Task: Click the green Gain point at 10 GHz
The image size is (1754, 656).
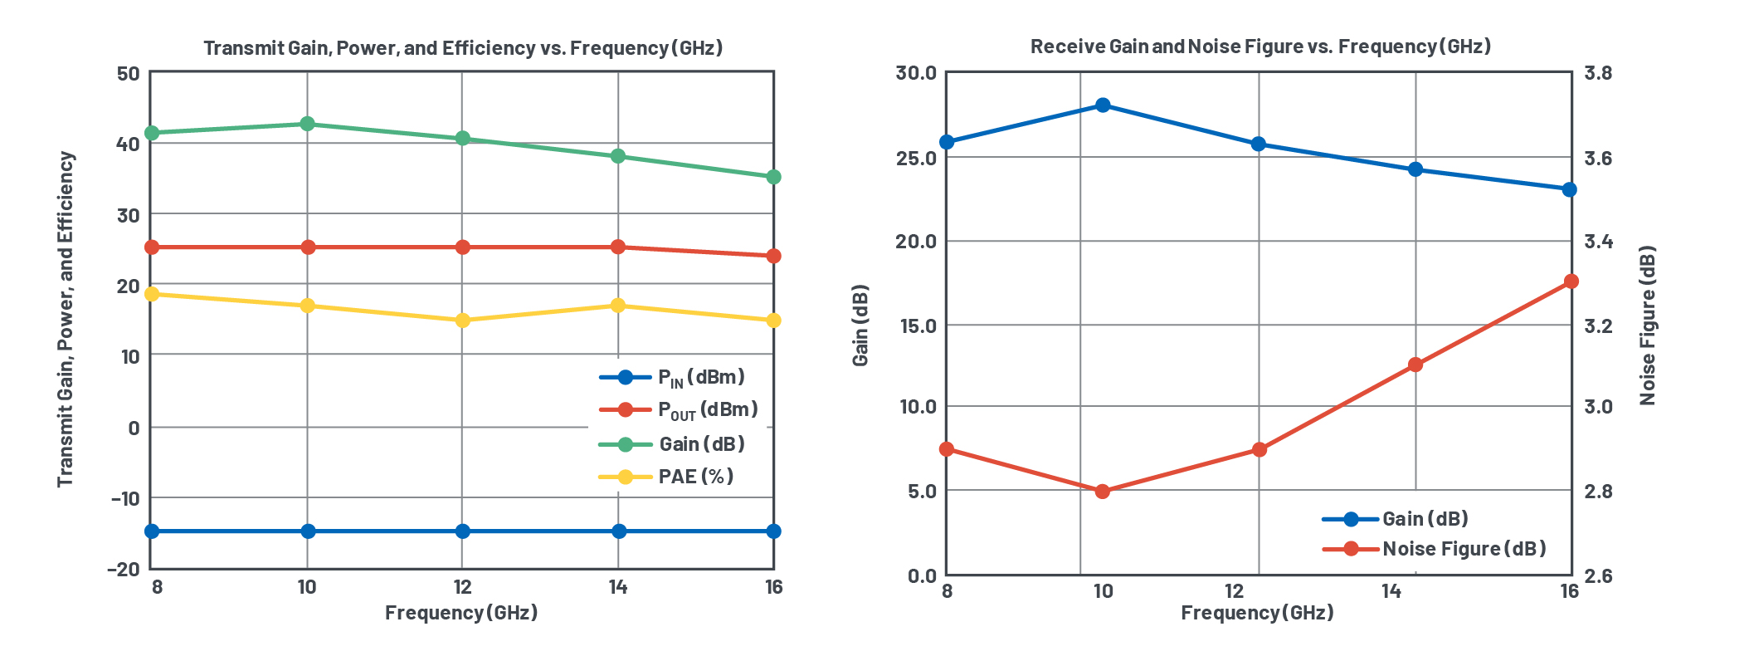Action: click(307, 124)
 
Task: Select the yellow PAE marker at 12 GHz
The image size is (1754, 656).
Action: click(463, 321)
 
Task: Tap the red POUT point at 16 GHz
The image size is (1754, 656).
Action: click(773, 256)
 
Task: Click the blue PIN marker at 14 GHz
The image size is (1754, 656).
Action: click(619, 531)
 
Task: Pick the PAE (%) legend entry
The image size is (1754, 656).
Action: click(695, 477)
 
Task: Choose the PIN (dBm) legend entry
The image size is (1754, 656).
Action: click(700, 377)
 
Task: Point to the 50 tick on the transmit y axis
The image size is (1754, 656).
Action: click(129, 74)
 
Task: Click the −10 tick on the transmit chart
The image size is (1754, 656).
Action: click(125, 498)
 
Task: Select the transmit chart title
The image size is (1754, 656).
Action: click(463, 48)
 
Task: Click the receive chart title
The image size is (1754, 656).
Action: click(1259, 47)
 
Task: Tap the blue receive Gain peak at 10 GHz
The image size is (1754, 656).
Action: click(1103, 105)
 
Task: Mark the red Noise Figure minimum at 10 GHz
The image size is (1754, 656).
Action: click(1103, 492)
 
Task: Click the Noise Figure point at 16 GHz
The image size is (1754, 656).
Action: click(1571, 281)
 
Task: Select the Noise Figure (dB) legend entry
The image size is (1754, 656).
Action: click(1464, 549)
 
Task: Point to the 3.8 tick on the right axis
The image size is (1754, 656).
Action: click(1598, 73)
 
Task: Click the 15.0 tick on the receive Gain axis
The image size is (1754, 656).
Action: click(918, 326)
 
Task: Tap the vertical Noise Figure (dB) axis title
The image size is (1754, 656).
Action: click(1647, 326)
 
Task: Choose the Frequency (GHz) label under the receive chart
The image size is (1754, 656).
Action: click(1257, 613)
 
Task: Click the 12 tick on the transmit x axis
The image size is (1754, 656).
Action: click(462, 588)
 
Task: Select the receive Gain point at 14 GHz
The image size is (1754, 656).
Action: click(1415, 169)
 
